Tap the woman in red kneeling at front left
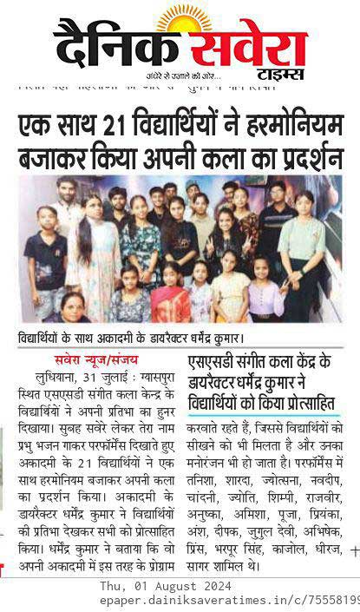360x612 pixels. (74, 306)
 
